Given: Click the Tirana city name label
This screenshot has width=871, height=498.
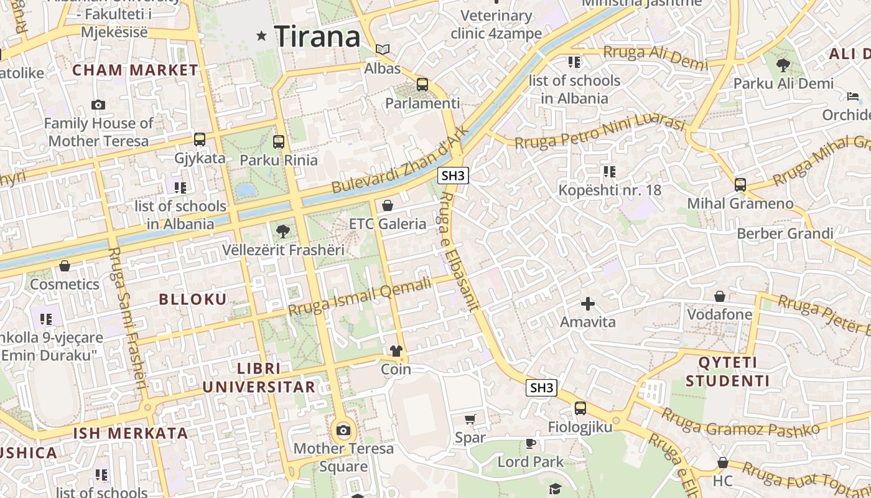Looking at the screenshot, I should click(x=317, y=36).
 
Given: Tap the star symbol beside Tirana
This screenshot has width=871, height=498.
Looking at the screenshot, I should click(x=262, y=37).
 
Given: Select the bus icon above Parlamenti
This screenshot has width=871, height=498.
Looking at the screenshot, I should click(x=422, y=85).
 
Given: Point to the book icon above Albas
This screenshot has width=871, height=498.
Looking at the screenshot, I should click(x=383, y=49).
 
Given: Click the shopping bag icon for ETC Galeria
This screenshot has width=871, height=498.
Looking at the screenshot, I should click(x=388, y=205).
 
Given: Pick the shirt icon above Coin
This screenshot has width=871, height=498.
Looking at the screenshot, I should click(x=396, y=351).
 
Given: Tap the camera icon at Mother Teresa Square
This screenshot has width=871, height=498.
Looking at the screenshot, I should click(x=343, y=430).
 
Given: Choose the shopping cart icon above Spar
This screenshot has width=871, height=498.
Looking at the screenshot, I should click(x=470, y=419).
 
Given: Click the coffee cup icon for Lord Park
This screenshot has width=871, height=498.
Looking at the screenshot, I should click(x=530, y=443).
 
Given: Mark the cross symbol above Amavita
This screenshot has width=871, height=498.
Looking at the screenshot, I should click(x=587, y=304).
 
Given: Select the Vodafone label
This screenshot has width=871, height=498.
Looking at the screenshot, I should click(x=719, y=314).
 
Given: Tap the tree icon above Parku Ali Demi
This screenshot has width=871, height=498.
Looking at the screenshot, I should click(x=783, y=64).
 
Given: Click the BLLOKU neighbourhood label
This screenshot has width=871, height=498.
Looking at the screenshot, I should click(x=193, y=299).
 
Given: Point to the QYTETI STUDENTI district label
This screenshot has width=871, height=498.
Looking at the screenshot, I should click(x=728, y=372).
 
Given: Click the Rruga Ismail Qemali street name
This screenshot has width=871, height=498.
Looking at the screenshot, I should click(x=360, y=298).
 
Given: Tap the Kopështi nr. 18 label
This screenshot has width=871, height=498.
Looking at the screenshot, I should click(x=610, y=190).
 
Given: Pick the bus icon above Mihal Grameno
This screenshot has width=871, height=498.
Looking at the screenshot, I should click(x=740, y=185).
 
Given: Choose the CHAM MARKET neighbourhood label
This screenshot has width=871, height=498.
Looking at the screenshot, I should click(x=135, y=70).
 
